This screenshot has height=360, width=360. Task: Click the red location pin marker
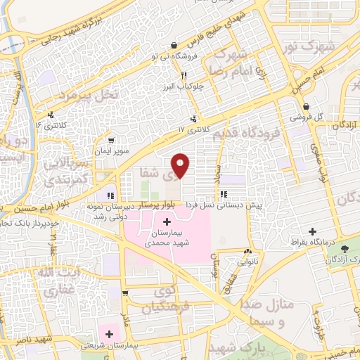tap(181, 165)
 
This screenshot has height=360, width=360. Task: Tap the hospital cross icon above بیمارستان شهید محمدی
tap(166, 222)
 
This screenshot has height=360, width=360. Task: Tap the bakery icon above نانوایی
tap(247, 252)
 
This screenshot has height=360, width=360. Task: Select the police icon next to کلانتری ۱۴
tap(50, 116)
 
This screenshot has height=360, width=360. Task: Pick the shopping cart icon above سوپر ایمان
tap(110, 140)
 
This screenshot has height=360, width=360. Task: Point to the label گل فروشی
tap(309, 117)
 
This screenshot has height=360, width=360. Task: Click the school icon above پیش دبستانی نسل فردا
tap(224, 194)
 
